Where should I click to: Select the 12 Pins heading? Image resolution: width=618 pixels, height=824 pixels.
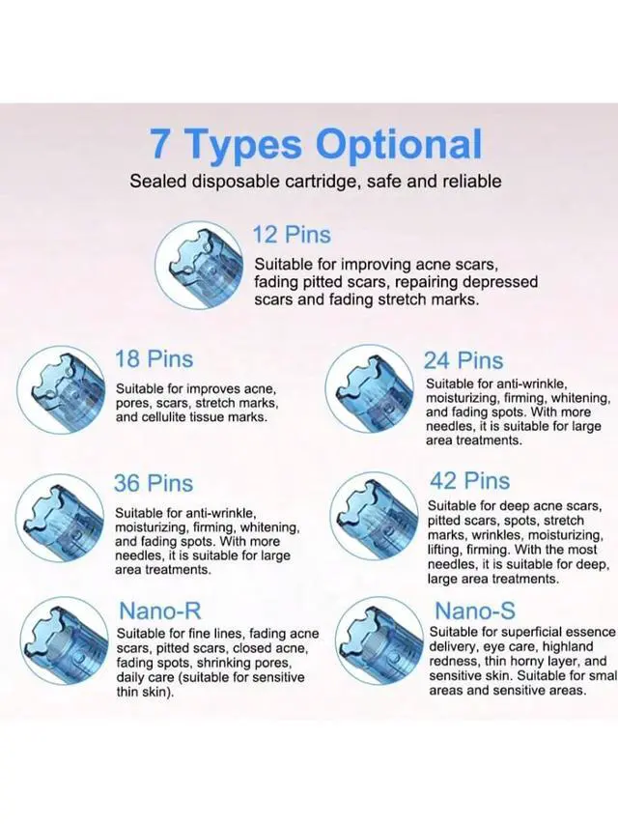292,235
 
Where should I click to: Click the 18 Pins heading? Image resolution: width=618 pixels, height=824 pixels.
154,359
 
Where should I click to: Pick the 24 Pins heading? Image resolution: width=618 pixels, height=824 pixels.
463,360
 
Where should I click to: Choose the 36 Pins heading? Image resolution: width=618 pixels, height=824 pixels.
154,483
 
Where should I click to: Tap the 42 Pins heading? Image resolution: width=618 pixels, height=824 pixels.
469,481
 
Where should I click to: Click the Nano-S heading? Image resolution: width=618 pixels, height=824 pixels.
474,610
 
